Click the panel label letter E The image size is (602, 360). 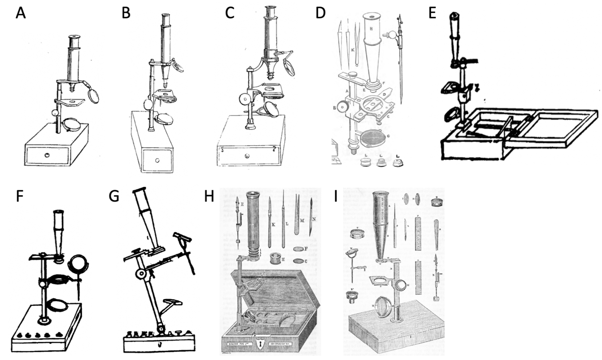[432, 13]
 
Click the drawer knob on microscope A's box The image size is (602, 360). [47, 155]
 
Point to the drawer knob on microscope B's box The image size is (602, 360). [157, 160]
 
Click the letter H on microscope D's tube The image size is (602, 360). [371, 28]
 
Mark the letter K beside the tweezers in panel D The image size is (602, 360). [352, 50]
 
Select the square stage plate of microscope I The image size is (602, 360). [380, 281]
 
